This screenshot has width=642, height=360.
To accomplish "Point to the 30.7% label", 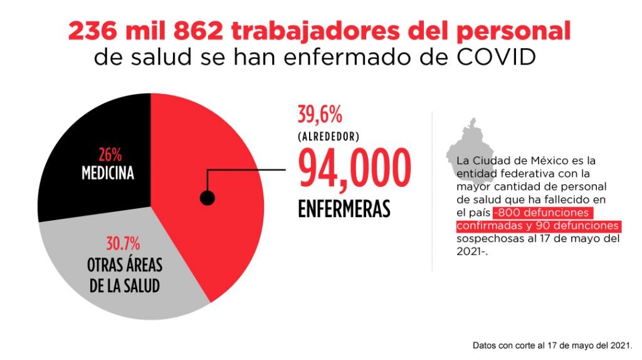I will [x=123, y=242].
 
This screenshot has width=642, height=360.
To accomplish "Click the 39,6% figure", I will [x=320, y=115].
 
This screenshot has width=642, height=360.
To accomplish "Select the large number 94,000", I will [x=354, y=169].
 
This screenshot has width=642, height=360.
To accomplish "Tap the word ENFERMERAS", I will [x=344, y=209].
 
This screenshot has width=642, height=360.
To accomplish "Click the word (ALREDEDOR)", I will [x=329, y=136].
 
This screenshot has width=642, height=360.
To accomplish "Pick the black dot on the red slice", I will [x=207, y=198].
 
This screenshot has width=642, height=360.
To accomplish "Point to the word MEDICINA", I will [x=107, y=172].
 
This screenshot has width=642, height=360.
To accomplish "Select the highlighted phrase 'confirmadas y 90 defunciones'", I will [x=538, y=225].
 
